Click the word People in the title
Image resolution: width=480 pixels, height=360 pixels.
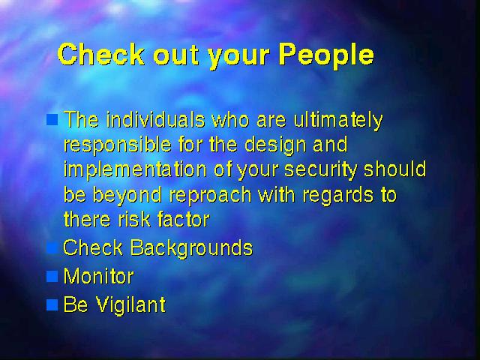point(326,55)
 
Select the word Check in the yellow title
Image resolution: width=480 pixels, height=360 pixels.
point(101,54)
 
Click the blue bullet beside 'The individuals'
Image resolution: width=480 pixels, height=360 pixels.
point(52,119)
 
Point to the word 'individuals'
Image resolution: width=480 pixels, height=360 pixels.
point(155,119)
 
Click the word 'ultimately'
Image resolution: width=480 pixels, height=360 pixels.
point(338,120)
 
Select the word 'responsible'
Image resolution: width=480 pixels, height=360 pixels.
point(118,145)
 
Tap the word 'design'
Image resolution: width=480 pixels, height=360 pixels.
point(275,145)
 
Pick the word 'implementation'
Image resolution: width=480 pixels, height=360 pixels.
point(135,170)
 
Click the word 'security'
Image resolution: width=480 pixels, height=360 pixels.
point(321,170)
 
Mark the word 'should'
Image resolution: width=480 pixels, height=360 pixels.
point(395,169)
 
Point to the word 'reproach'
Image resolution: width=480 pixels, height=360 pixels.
point(210,195)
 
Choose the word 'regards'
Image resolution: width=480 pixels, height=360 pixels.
point(338,195)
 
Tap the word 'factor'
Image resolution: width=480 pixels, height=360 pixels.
point(183,219)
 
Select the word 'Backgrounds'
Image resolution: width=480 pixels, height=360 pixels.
point(192,247)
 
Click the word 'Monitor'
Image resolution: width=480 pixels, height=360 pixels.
point(98,276)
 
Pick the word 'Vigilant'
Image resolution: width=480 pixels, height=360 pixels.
point(131,305)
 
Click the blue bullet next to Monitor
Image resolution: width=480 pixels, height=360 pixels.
point(52,277)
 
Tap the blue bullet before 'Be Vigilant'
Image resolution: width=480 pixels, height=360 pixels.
point(52,305)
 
